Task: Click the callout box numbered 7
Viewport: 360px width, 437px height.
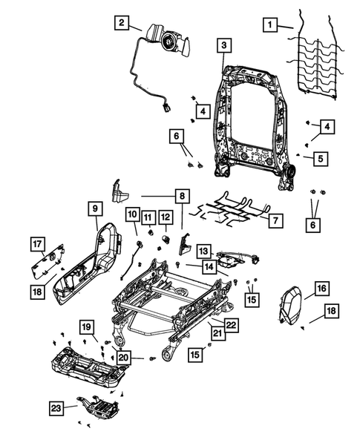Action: [x=274, y=220]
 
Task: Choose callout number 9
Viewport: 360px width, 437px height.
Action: [x=96, y=209]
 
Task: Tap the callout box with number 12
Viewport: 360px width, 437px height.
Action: [x=166, y=217]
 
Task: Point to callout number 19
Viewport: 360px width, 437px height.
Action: [x=86, y=326]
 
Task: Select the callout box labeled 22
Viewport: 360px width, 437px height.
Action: [x=231, y=326]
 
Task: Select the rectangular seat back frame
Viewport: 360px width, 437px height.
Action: [x=252, y=111]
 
